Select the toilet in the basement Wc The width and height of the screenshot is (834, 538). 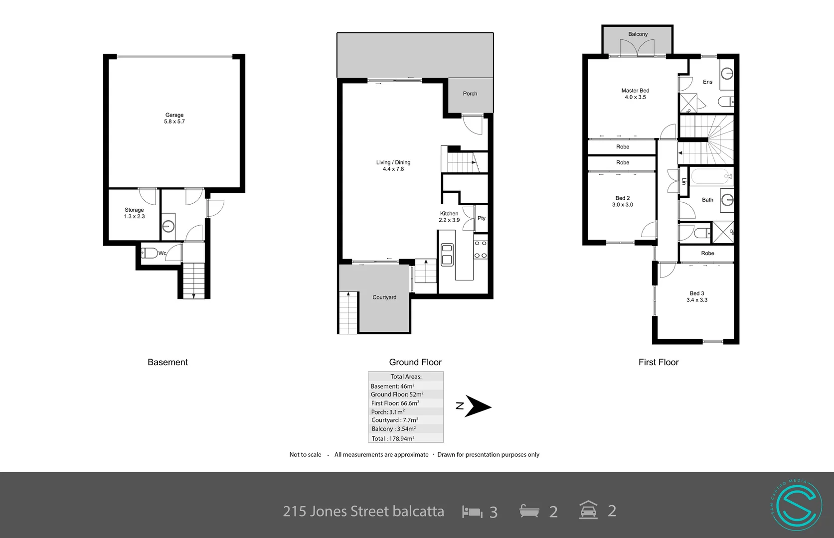click(150, 253)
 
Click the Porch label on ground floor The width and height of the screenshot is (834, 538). click(470, 94)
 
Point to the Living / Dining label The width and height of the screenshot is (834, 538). click(393, 162)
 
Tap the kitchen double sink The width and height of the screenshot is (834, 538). click(447, 254)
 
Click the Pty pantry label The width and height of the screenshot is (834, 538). click(481, 218)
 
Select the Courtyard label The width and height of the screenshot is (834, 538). click(384, 297)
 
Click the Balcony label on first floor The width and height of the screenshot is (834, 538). click(638, 34)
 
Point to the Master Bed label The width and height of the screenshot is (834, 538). click(635, 91)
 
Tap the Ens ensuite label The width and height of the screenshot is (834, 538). click(707, 82)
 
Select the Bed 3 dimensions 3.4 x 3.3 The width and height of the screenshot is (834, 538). click(697, 300)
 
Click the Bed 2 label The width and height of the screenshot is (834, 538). click(622, 198)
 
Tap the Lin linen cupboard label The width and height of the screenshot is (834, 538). click(684, 181)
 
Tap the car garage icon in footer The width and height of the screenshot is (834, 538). click(588, 511)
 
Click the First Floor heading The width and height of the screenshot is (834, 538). click(658, 362)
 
